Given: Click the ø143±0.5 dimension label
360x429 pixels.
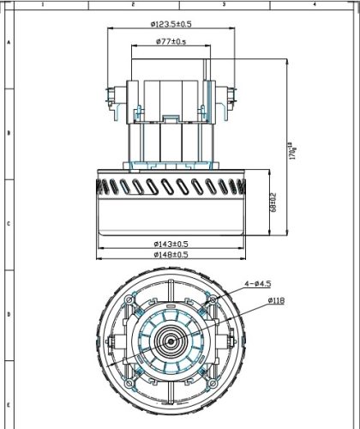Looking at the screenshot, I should click(x=170, y=244).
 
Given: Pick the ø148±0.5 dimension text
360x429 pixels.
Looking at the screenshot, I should click(x=170, y=255).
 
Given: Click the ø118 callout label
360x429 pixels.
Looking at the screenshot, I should click(x=275, y=301).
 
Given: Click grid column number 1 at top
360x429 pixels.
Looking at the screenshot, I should click(x=43, y=4).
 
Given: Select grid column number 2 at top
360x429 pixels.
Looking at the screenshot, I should click(x=133, y=4).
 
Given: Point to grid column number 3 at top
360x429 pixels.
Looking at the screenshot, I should click(x=223, y=4).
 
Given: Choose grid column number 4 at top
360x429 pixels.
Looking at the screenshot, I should click(x=314, y=4).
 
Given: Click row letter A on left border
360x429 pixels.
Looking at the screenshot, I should click(x=8, y=41).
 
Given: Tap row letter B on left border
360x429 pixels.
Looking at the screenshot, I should click(x=8, y=133).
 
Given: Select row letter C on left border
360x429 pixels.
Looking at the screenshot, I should click(x=8, y=223).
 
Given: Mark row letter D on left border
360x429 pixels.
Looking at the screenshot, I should click(x=8, y=314).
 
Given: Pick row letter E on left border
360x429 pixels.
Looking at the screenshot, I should click(x=8, y=403).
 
